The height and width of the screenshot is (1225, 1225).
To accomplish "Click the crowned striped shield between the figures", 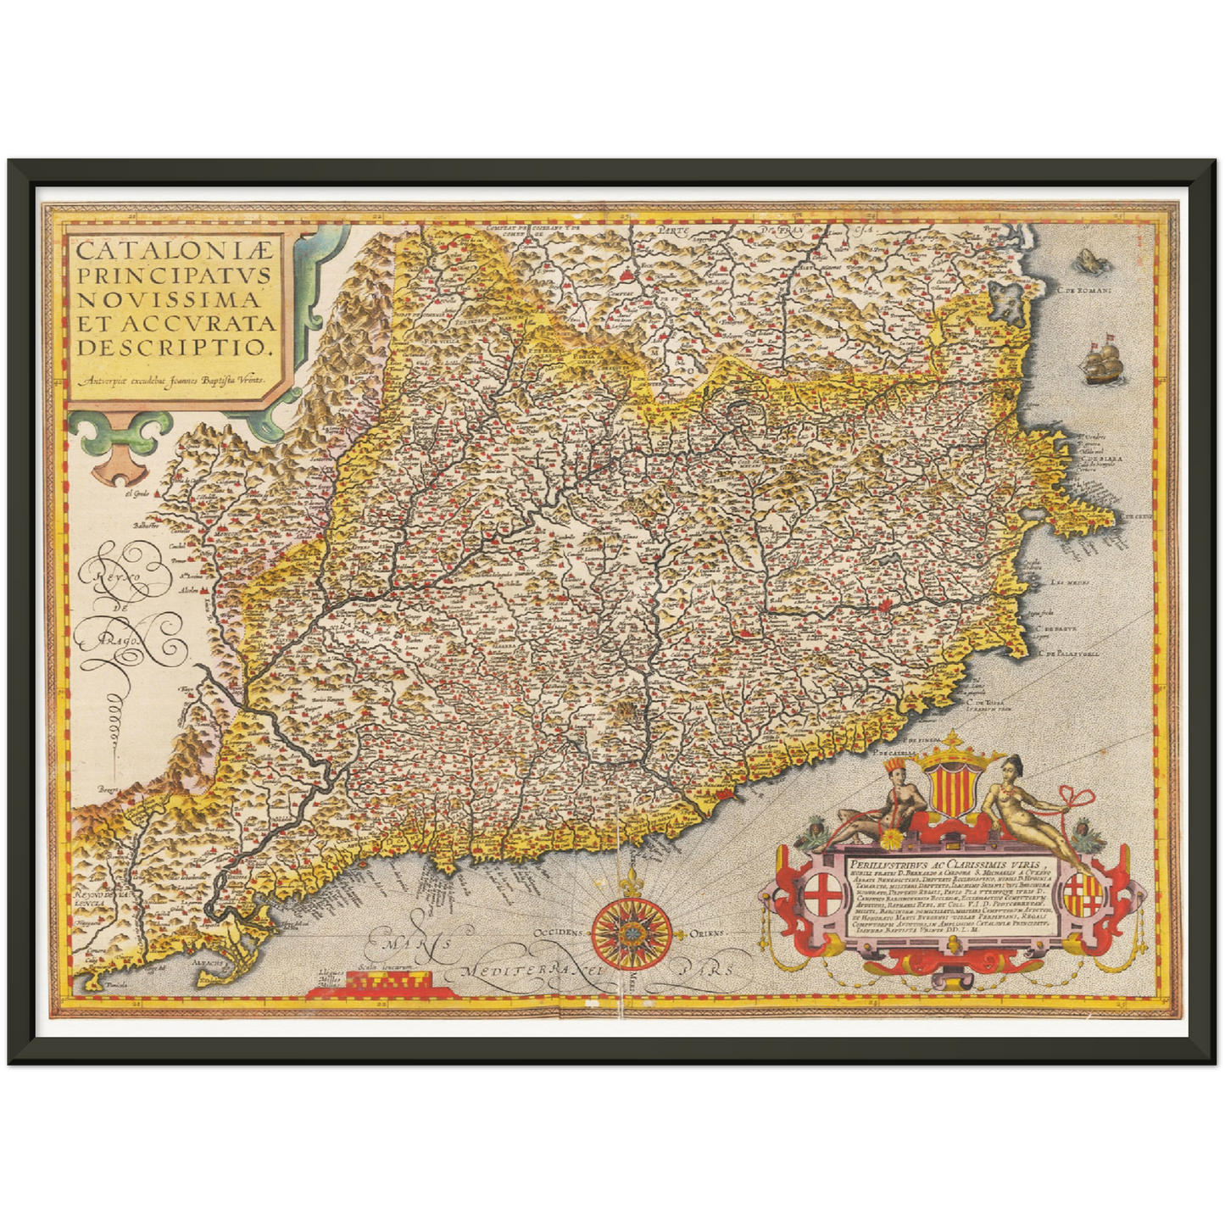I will pos(949,783).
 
